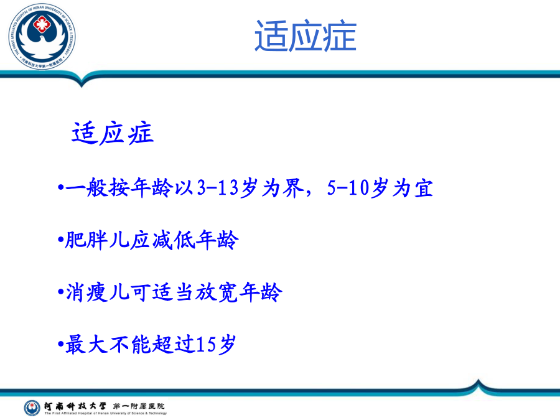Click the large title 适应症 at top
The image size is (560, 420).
pos(306,36)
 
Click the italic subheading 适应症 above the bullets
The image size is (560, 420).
pos(113,133)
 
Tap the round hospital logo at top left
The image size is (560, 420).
pos(42,37)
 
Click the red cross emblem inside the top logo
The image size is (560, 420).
pos(42,24)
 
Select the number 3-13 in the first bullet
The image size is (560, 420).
pos(218,187)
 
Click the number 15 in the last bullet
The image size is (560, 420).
pos(206,345)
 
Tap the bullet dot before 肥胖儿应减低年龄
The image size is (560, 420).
pos(60,240)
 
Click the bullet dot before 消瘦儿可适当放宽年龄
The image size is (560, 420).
pos(60,292)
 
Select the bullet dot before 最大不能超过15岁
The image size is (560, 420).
pos(60,344)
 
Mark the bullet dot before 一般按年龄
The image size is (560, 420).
pos(60,187)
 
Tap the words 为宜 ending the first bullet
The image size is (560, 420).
pos(413,188)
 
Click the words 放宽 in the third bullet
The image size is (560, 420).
pos(217,292)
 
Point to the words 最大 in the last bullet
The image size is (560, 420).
pos(86,345)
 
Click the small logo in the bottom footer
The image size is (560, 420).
pos(32,408)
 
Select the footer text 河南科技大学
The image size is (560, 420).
pos(75,406)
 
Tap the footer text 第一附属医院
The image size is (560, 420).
pos(139,406)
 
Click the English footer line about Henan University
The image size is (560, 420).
pos(106,413)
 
